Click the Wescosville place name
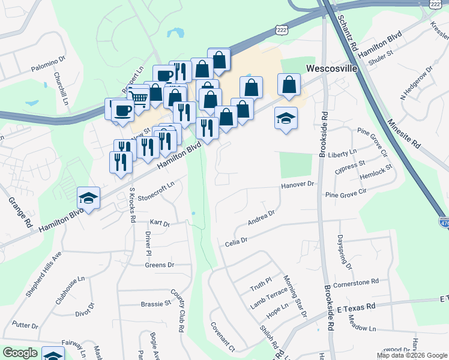332,68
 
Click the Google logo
20,353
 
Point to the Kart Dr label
160,224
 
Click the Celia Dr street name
237,242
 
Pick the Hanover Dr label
298,185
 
